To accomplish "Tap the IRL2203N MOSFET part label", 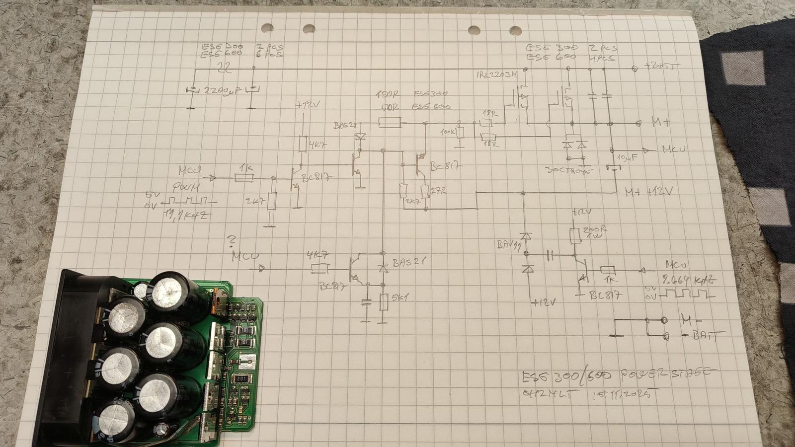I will pos(496,75).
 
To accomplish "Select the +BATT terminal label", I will pos(661,66).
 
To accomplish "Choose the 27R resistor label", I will pos(438,190).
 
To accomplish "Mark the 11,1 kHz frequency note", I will pos(186,216).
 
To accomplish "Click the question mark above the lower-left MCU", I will pos(231,241).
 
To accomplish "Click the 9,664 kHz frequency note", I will pos(690,280).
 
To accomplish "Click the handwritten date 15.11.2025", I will pos(626,395).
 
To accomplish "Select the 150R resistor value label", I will pos(388,94).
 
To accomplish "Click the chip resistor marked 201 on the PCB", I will pos(241,379).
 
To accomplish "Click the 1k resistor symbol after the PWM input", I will pos(243,178).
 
